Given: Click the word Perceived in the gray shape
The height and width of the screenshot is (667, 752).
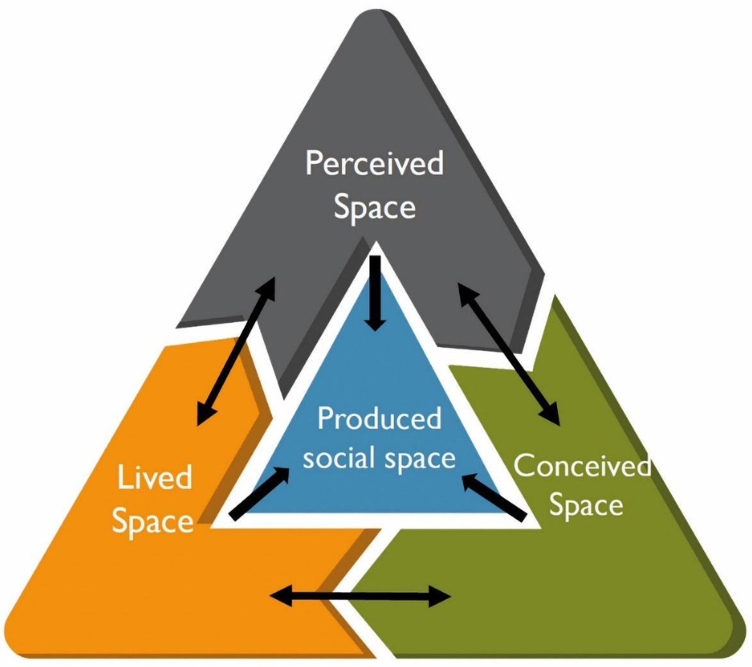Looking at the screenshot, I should (375, 163).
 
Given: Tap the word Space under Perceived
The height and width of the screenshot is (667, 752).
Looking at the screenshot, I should (375, 207).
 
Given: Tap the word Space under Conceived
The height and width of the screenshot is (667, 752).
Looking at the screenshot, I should (586, 505).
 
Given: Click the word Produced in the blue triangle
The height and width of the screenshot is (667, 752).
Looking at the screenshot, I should (379, 419).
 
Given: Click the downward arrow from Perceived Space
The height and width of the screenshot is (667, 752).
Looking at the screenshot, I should (375, 291).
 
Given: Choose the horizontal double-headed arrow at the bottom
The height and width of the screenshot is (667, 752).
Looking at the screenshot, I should (361, 597).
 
